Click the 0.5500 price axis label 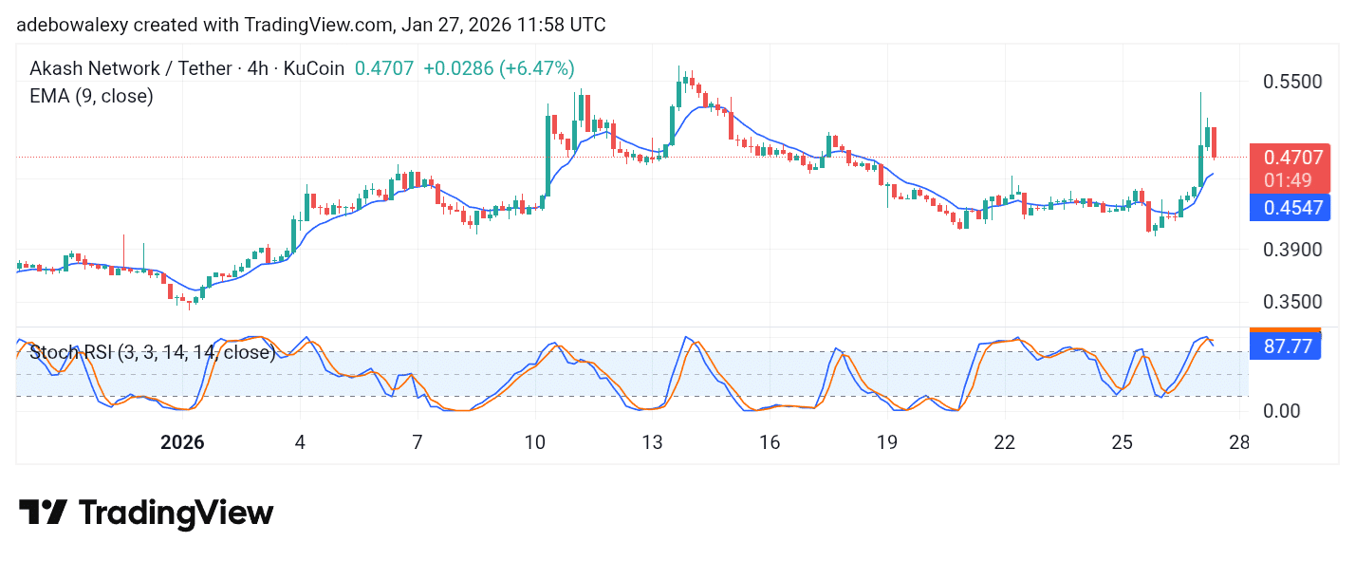click(x=1292, y=82)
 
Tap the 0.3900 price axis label click(x=1292, y=250)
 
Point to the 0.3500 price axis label click(x=1292, y=302)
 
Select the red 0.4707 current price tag click(x=1291, y=158)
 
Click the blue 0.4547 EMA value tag click(x=1291, y=207)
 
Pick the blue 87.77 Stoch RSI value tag click(x=1288, y=346)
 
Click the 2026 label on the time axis click(x=183, y=442)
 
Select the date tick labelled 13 click(x=652, y=442)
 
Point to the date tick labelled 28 click(x=1239, y=442)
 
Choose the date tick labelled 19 click(x=886, y=442)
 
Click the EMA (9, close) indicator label click(x=91, y=96)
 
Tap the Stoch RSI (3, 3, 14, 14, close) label click(x=153, y=353)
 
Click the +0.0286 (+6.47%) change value click(x=498, y=68)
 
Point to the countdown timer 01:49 click(x=1291, y=180)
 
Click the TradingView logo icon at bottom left click(x=44, y=513)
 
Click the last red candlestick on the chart click(x=1214, y=142)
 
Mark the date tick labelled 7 click(x=417, y=442)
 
